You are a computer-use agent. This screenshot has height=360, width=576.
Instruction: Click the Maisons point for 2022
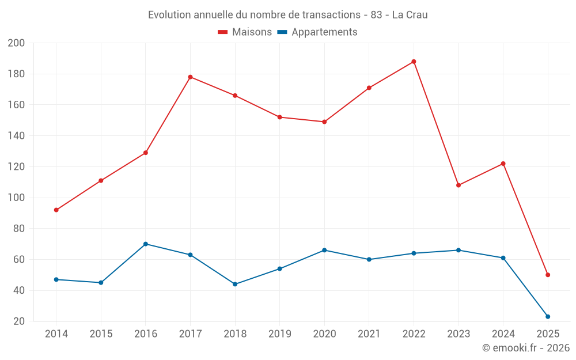[414, 62]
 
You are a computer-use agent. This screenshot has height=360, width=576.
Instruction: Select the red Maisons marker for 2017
[190, 77]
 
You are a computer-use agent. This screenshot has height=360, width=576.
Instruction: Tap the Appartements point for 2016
[146, 244]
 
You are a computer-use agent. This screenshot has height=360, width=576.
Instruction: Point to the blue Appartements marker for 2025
[548, 317]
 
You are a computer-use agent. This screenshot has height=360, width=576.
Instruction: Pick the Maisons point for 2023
[458, 185]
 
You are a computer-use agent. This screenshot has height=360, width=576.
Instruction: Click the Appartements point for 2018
[235, 284]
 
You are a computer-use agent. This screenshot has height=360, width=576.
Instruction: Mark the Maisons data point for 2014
[56, 210]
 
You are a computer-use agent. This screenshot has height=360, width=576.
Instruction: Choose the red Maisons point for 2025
[548, 275]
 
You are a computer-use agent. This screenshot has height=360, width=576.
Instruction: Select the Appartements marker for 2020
[324, 250]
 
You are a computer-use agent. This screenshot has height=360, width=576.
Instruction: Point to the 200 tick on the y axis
[17, 43]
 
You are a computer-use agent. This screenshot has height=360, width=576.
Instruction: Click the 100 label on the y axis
[17, 198]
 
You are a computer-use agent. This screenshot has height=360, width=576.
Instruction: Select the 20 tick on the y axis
[20, 321]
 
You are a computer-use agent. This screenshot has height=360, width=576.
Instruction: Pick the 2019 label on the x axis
[279, 334]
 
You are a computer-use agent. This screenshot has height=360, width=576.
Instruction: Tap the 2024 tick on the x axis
[503, 334]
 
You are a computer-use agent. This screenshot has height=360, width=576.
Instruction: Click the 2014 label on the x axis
[56, 334]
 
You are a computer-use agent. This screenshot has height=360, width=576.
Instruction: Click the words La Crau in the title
[410, 15]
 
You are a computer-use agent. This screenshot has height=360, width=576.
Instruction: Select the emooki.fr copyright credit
[526, 348]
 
